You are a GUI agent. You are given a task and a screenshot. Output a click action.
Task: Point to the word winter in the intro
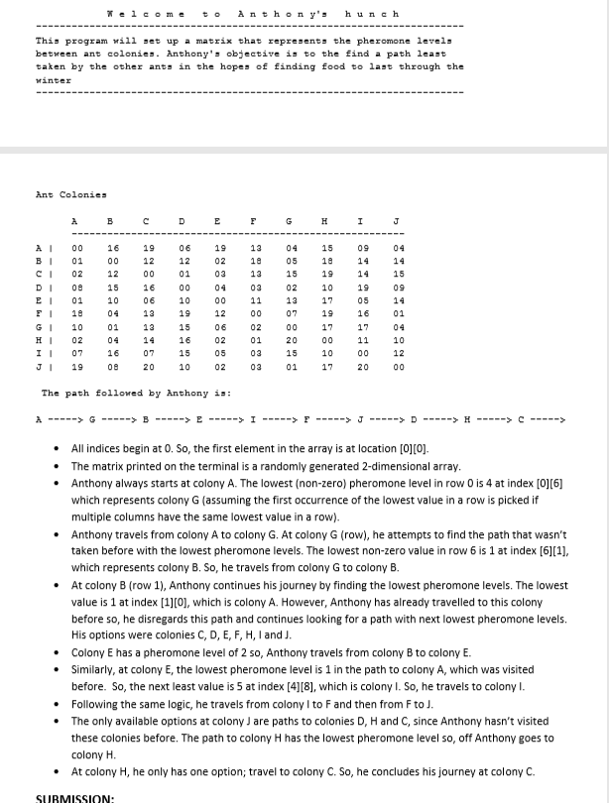(x=54, y=79)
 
